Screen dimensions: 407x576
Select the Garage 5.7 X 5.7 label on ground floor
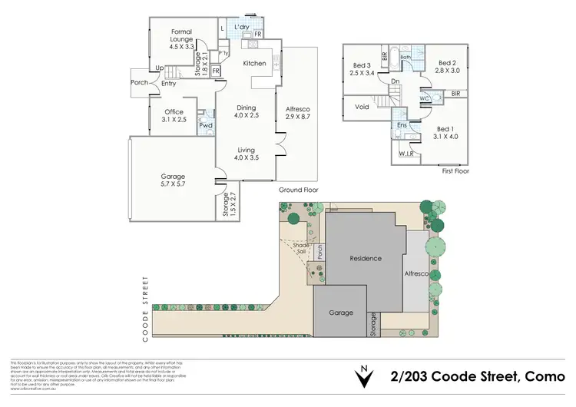[173, 181]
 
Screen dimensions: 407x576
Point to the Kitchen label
[254, 64]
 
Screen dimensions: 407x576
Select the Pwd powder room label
[205, 125]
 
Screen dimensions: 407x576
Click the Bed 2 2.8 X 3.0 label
[448, 66]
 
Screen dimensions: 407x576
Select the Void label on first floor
[362, 107]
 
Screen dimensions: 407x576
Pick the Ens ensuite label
[402, 124]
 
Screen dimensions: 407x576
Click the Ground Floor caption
[297, 189]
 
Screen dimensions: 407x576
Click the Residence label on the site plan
[366, 258]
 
